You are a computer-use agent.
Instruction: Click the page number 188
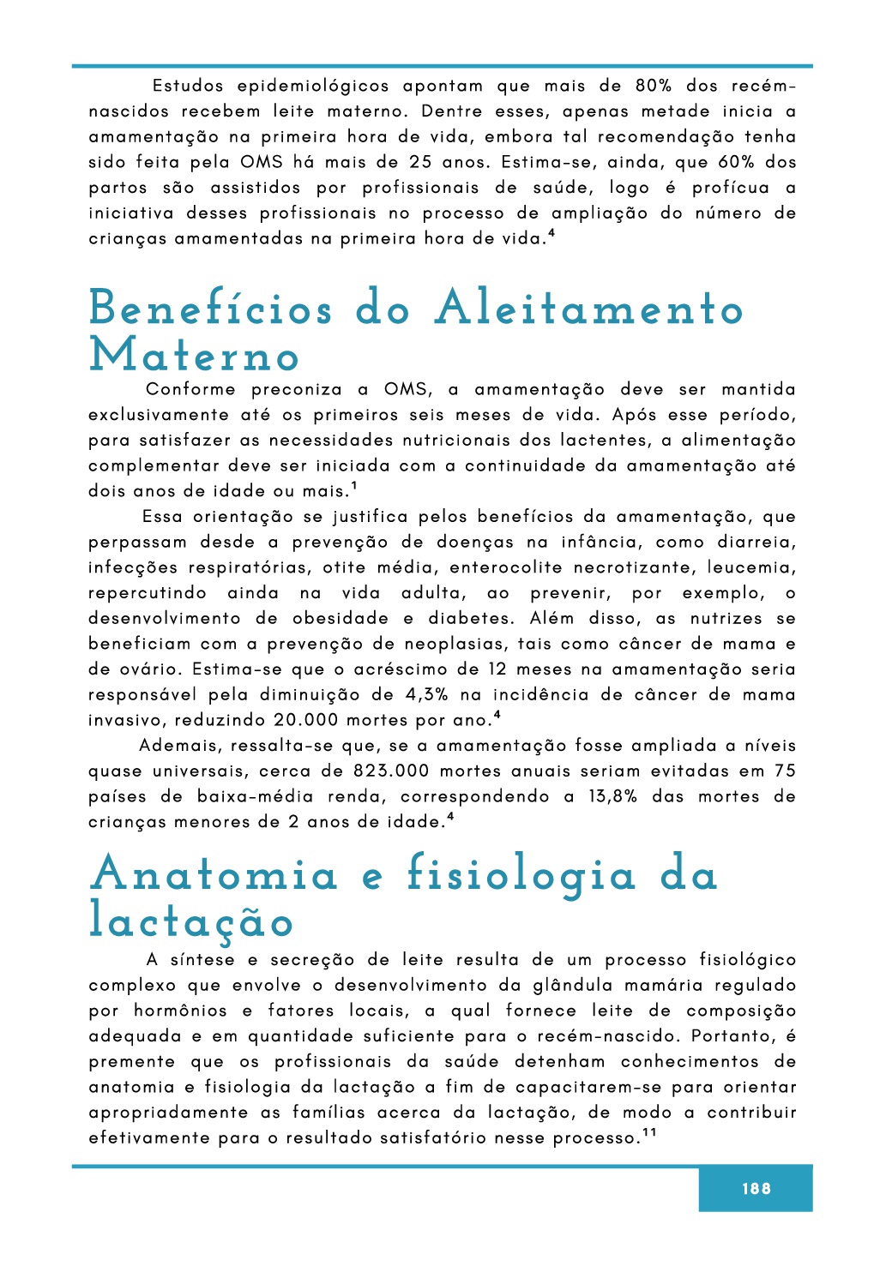pyautogui.click(x=756, y=1188)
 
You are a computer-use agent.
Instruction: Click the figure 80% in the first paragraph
pyautogui.click(x=654, y=87)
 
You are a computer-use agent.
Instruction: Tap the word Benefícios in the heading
pyautogui.click(x=211, y=308)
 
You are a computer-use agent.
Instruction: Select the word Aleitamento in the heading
pyautogui.click(x=588, y=308)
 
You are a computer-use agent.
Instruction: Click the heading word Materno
pyautogui.click(x=195, y=356)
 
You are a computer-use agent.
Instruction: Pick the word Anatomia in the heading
pyautogui.click(x=214, y=874)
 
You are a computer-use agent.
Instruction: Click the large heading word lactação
pyautogui.click(x=191, y=921)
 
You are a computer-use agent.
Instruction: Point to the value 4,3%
pyautogui.click(x=426, y=695)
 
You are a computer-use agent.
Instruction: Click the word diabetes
pyautogui.click(x=471, y=619)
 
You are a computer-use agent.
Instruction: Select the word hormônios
pyautogui.click(x=180, y=1011)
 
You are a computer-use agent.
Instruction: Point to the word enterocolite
pyautogui.click(x=505, y=567)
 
